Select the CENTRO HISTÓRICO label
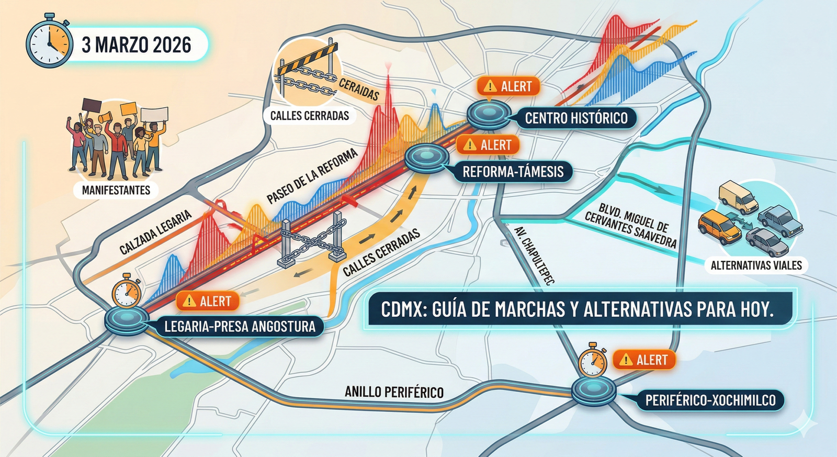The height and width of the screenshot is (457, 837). (576, 118)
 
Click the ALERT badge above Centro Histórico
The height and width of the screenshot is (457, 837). (508, 86)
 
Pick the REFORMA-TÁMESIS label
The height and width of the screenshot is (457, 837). (513, 172)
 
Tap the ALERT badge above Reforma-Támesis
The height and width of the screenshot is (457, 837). (488, 145)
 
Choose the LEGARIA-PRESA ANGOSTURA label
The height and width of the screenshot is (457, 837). (240, 327)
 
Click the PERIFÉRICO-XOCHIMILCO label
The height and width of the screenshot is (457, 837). (710, 400)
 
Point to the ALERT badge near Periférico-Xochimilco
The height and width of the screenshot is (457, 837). (644, 360)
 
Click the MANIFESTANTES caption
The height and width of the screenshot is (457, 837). (116, 190)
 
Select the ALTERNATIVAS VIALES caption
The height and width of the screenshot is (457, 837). (756, 265)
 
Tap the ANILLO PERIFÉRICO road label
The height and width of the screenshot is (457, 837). (394, 392)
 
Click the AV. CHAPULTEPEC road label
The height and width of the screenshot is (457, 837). (534, 256)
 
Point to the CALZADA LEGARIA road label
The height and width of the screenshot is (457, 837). (155, 232)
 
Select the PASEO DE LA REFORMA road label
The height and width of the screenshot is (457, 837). (312, 176)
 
